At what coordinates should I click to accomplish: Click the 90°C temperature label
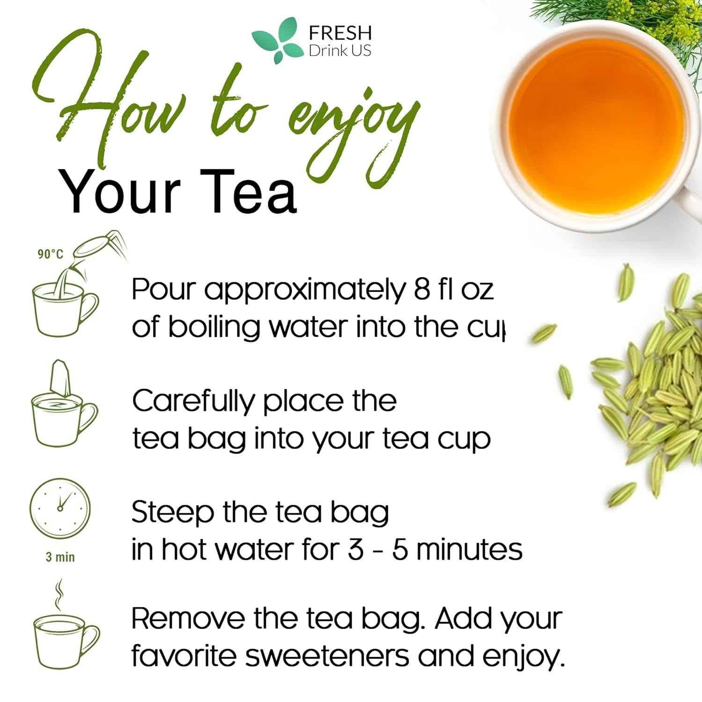point(50,254)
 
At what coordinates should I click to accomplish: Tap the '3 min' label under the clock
point(60,557)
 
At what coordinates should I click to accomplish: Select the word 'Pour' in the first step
point(162,290)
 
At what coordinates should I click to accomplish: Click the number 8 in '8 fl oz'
point(421,290)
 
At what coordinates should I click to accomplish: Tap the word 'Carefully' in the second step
point(194,402)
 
